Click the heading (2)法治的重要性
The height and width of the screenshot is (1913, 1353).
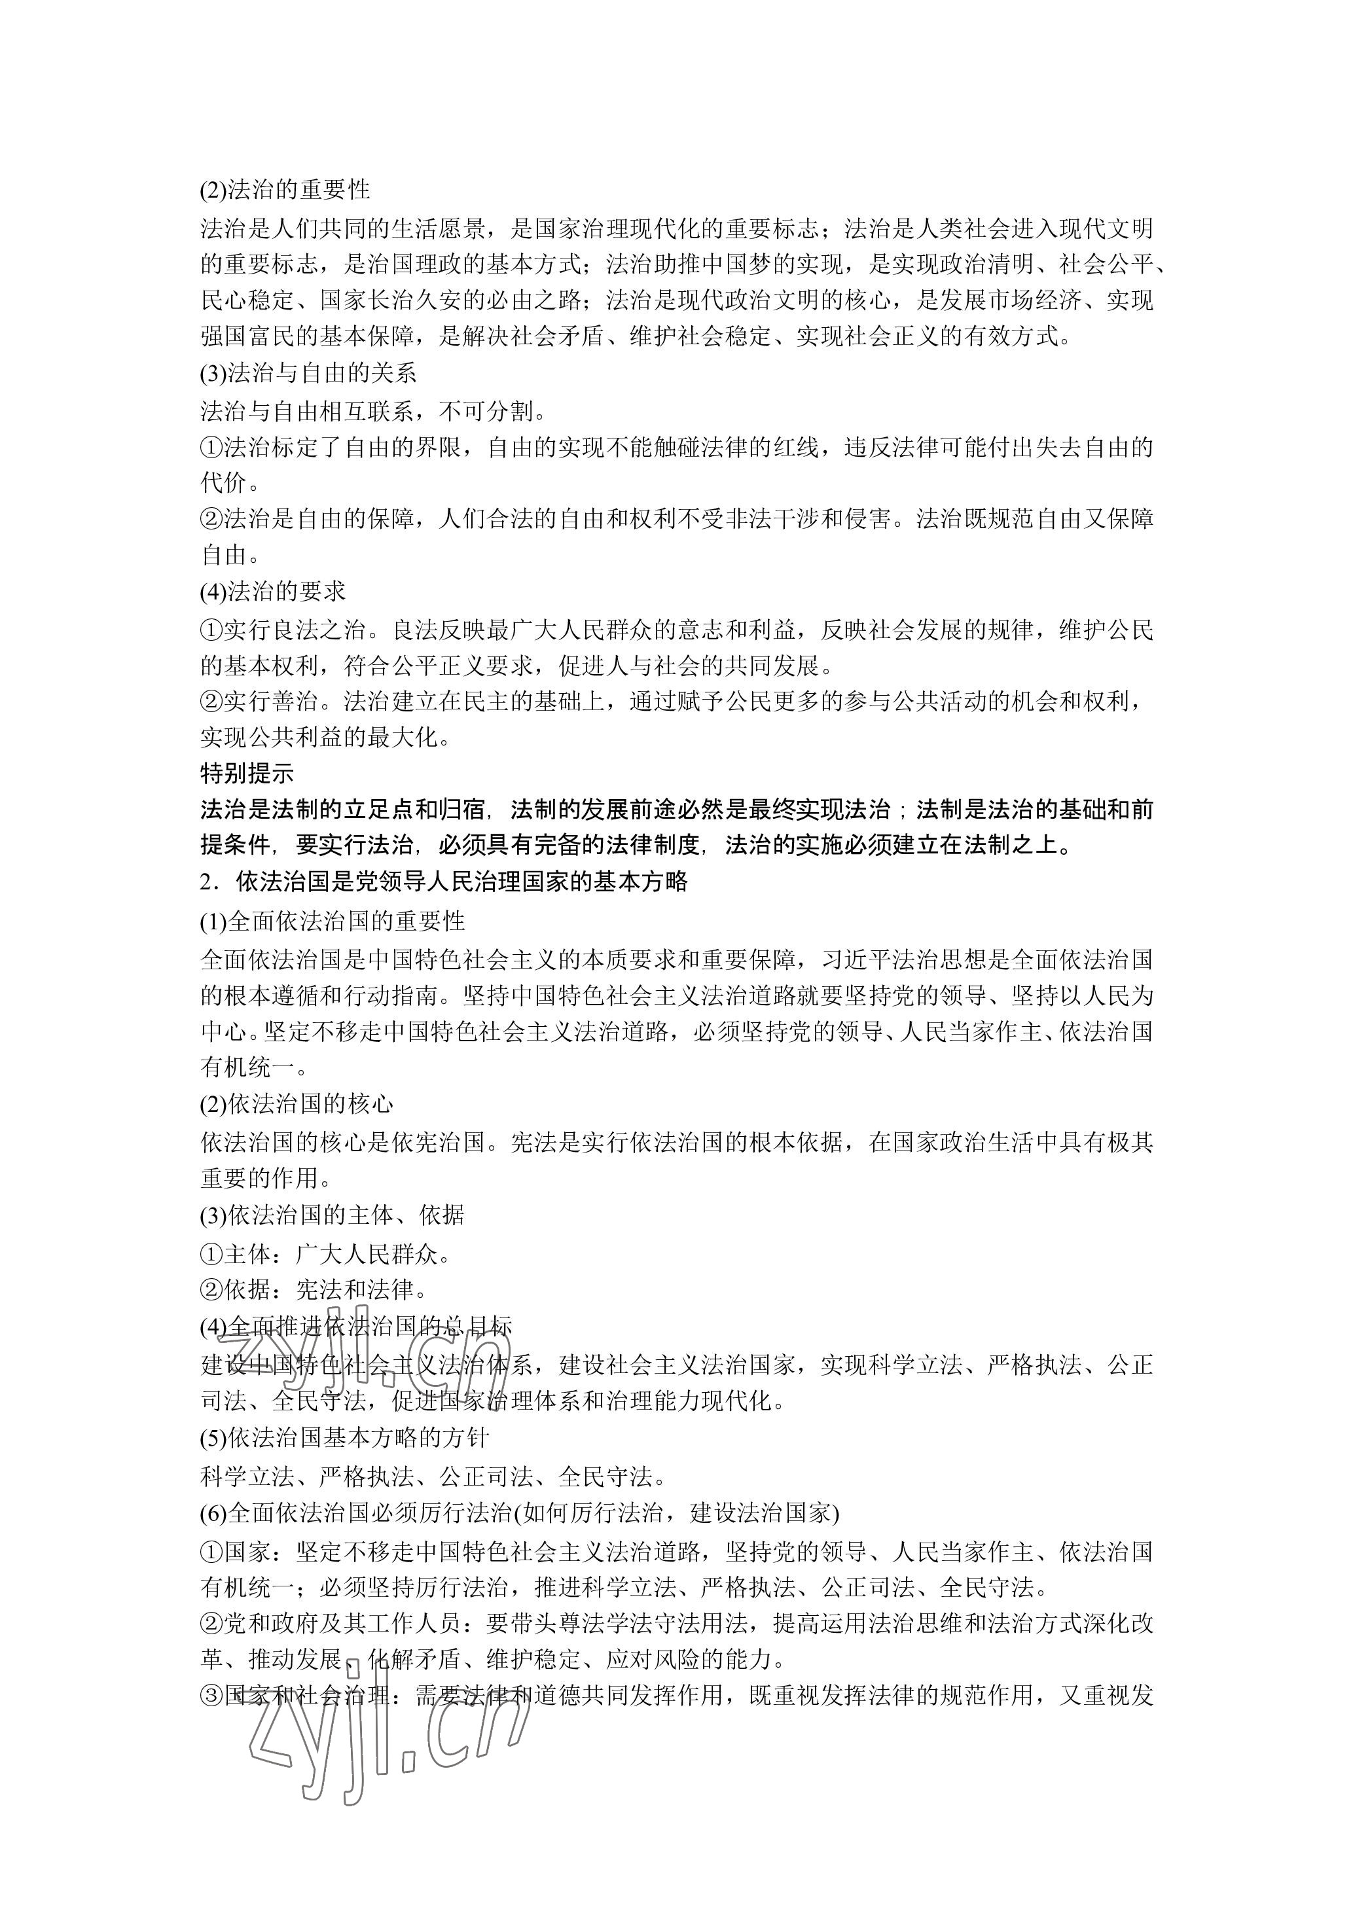click(285, 190)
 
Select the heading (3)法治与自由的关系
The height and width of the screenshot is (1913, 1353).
click(308, 373)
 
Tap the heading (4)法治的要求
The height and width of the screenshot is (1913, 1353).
click(272, 592)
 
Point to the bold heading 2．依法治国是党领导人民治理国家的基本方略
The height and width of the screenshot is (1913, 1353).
click(444, 882)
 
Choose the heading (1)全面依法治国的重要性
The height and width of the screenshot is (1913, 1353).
click(332, 921)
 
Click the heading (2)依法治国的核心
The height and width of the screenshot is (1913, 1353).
click(297, 1104)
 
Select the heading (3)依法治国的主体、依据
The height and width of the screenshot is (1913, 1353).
click(332, 1215)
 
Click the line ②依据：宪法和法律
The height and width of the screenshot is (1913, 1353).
click(315, 1290)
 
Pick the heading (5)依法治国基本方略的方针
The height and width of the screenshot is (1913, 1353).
click(344, 1438)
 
